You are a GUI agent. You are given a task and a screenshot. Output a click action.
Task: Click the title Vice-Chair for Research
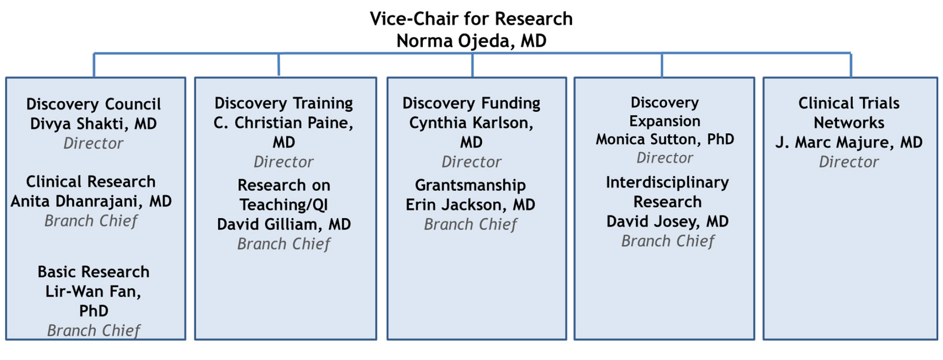(x=471, y=19)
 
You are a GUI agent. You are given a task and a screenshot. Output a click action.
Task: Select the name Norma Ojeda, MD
(x=471, y=41)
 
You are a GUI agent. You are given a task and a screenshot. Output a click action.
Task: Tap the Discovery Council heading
(x=93, y=104)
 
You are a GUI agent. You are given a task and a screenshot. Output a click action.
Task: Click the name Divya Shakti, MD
(x=93, y=124)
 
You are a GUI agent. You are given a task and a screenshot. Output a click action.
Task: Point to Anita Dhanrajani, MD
(x=91, y=201)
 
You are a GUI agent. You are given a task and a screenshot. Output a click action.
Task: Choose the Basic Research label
(x=93, y=272)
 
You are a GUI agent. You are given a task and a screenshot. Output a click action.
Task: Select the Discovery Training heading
(x=283, y=104)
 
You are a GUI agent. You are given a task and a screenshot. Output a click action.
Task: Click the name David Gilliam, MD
(x=283, y=225)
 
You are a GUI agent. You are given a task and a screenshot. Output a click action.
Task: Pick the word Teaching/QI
(x=283, y=205)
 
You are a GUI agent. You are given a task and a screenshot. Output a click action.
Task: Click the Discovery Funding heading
(x=471, y=104)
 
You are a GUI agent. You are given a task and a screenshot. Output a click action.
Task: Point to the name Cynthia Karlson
(x=471, y=123)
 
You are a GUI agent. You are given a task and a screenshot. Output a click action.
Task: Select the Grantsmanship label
(x=470, y=186)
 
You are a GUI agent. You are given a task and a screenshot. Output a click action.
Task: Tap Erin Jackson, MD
(x=470, y=205)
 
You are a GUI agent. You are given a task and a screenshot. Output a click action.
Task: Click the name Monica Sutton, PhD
(x=664, y=139)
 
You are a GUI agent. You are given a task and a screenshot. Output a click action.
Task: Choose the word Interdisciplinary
(x=667, y=182)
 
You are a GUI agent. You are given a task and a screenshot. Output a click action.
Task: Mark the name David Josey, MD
(x=667, y=222)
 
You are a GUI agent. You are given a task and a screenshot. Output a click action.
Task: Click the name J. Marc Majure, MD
(x=849, y=143)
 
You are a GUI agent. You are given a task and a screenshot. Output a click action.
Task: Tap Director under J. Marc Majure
(x=849, y=162)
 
